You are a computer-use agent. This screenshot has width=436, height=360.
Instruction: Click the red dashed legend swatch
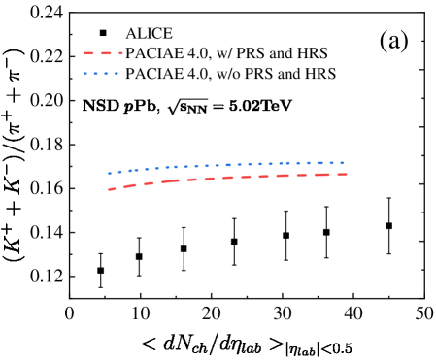(103, 53)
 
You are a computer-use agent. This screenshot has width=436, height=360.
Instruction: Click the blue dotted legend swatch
(101, 74)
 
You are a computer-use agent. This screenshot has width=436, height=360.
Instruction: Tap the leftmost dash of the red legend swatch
(88, 53)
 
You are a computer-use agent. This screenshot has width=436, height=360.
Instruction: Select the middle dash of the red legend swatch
(106, 53)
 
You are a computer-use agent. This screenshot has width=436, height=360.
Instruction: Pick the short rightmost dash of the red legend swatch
(120, 53)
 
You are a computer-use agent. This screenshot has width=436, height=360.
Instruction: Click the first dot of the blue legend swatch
(85, 74)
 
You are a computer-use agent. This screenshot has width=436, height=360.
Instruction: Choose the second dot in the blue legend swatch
(95, 74)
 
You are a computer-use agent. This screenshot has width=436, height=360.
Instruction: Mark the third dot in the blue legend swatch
(106, 74)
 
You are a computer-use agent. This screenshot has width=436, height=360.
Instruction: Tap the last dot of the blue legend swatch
(117, 74)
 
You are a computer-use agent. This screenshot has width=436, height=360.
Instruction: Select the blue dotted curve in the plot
(227, 165)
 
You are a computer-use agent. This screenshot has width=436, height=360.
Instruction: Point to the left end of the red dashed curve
(109, 190)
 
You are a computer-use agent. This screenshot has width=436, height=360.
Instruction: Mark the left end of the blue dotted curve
(109, 174)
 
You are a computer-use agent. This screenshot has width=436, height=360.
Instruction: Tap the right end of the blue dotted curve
(343, 163)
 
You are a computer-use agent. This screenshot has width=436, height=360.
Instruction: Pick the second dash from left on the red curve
(130, 185)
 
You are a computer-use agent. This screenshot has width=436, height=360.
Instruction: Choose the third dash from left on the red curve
(150, 183)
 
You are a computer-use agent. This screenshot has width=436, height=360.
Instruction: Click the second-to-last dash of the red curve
(322, 175)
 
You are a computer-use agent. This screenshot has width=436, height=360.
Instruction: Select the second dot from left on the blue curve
(119, 172)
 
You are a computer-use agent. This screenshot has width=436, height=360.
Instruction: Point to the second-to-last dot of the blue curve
(332, 163)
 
